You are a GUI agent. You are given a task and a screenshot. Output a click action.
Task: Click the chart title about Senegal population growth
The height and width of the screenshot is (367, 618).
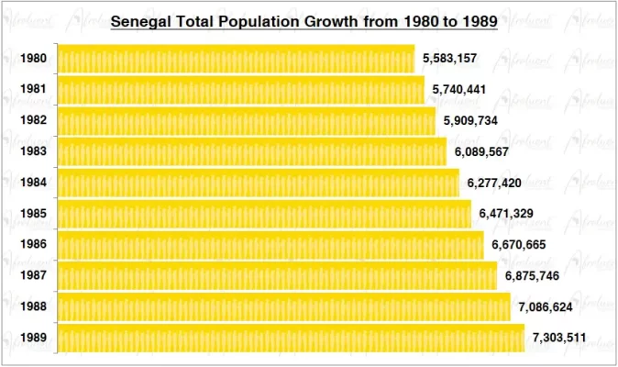303,20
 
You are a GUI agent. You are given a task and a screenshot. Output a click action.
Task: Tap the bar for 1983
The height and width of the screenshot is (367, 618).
252,151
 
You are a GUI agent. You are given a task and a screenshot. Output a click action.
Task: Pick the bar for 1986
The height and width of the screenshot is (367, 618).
270,245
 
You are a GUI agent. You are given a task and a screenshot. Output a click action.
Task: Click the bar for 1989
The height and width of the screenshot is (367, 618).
291,338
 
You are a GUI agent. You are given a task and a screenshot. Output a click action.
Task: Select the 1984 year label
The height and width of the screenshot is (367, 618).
34,183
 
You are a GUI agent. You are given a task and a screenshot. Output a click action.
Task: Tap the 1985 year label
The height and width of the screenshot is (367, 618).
34,214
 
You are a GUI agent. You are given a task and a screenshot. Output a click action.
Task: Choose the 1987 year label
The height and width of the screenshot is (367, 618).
34,276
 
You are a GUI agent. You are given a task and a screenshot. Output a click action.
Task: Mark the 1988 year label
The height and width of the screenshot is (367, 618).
34,307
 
